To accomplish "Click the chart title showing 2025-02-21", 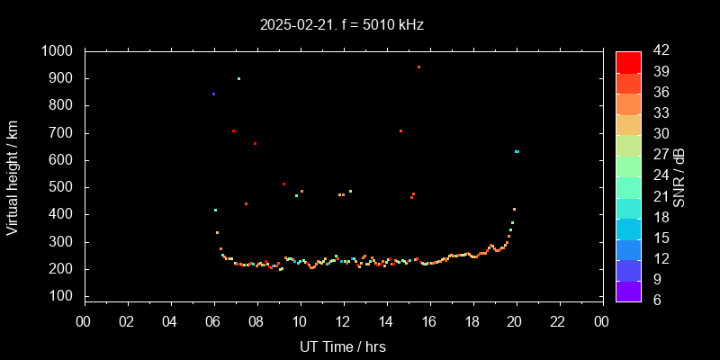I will point(341,24).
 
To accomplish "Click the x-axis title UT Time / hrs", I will point(342,346).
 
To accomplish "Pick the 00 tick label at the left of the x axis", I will point(85,321).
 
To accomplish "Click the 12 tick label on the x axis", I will point(343,321).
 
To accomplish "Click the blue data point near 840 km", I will point(213,94).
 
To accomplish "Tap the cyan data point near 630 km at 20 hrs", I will point(517,151).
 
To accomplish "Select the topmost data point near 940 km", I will point(418,67).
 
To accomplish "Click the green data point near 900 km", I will point(238,78).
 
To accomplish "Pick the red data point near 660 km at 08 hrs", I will point(255,143).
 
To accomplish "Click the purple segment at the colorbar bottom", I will point(628,290).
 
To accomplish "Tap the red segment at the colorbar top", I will point(628,61).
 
